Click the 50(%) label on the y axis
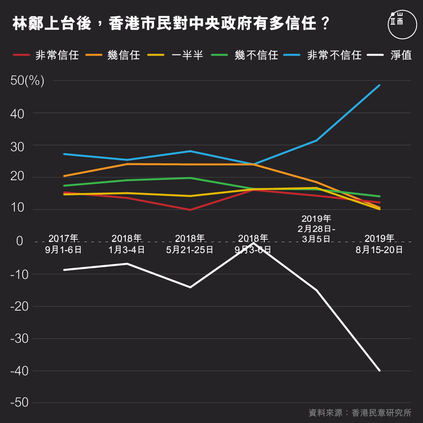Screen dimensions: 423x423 click(27, 81)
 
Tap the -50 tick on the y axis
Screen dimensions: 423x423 click(20, 403)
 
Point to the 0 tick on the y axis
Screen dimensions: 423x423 click(20, 242)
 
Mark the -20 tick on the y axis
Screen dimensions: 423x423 click(20, 306)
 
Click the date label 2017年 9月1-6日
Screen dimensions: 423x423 click(63, 244)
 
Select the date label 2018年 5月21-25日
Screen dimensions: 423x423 click(190, 244)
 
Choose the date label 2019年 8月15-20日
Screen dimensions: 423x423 click(379, 244)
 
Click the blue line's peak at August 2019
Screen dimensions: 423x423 click(380, 85)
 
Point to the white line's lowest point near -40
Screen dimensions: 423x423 click(380, 370)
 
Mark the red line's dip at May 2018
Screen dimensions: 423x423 click(190, 210)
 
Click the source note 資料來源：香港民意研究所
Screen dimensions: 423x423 click(360, 413)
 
